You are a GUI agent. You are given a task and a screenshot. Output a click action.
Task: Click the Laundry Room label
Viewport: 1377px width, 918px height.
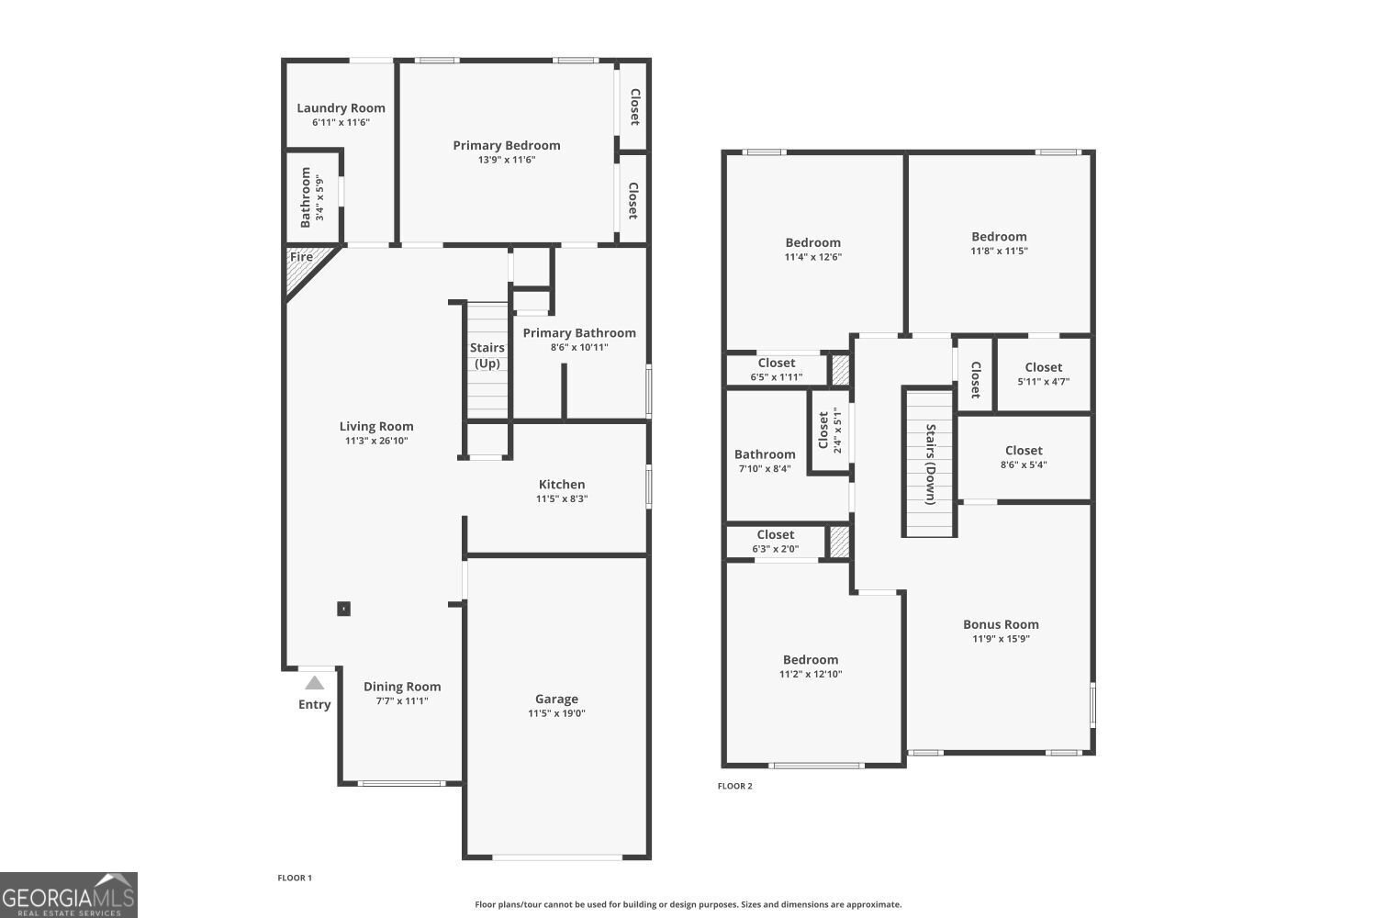[341, 108]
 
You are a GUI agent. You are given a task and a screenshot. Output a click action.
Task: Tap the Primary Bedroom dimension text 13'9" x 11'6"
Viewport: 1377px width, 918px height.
[507, 160]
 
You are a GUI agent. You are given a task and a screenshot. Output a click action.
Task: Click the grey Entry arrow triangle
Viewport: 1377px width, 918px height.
[315, 682]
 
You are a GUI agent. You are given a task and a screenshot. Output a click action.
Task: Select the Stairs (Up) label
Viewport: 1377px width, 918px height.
[487, 355]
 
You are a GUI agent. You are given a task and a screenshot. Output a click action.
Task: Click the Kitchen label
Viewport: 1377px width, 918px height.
[562, 485]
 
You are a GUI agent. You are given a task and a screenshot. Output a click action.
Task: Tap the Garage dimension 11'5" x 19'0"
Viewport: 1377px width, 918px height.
[556, 713]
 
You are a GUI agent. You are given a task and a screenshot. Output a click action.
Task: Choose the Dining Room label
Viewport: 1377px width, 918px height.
[402, 687]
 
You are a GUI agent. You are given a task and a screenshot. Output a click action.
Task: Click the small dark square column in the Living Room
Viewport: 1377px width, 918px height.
[343, 609]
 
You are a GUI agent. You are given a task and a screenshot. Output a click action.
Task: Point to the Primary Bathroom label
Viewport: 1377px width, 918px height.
[579, 333]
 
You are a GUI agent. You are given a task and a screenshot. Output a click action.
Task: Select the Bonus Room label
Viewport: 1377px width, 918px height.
[1001, 624]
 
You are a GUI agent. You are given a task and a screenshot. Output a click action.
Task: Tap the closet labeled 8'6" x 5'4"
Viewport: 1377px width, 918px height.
[1024, 458]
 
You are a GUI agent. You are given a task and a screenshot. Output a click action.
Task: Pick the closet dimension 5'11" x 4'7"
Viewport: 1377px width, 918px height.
[1043, 381]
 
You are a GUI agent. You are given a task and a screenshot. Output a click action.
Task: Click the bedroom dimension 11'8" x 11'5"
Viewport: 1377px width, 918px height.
[999, 251]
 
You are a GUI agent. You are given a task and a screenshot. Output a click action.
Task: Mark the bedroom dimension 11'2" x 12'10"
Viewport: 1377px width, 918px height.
[811, 674]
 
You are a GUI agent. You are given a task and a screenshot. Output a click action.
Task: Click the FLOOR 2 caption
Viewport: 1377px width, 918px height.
[735, 786]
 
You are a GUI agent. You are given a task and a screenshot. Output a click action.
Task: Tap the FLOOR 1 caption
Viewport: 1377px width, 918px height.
[295, 878]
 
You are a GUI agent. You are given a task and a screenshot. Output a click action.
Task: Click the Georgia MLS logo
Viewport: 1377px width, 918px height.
[69, 895]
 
